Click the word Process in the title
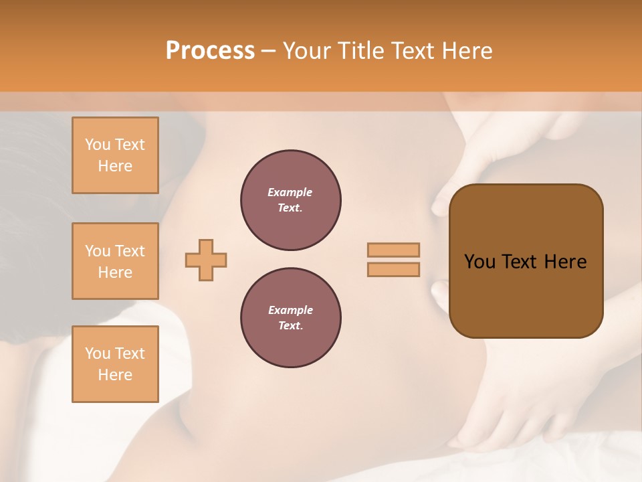(x=210, y=51)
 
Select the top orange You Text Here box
(x=115, y=155)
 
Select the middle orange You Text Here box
(x=115, y=261)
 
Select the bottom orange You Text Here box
(x=115, y=364)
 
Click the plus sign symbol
(x=206, y=260)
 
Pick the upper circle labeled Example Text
(x=291, y=200)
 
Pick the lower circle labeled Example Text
(x=291, y=318)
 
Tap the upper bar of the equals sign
(x=394, y=250)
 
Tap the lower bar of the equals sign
(x=394, y=270)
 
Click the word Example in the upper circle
(x=290, y=192)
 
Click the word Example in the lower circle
(x=290, y=310)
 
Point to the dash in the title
(x=268, y=51)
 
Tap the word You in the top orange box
(x=98, y=145)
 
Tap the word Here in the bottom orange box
(x=115, y=375)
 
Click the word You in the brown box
(x=480, y=262)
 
